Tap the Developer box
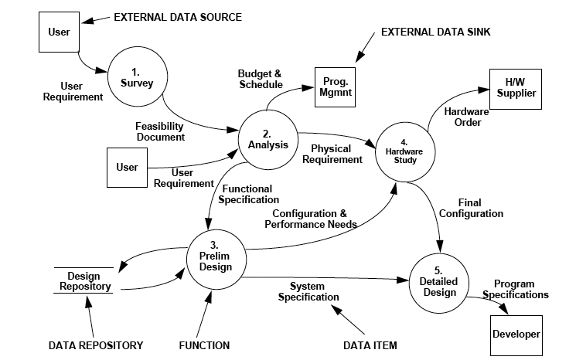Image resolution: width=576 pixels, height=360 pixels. [x=516, y=334]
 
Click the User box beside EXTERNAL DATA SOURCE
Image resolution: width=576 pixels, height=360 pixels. [x=59, y=32]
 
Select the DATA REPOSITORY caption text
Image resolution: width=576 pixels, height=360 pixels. [x=95, y=345]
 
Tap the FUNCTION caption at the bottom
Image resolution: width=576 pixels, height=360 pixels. [x=204, y=345]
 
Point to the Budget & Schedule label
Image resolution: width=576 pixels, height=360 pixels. [x=259, y=78]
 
